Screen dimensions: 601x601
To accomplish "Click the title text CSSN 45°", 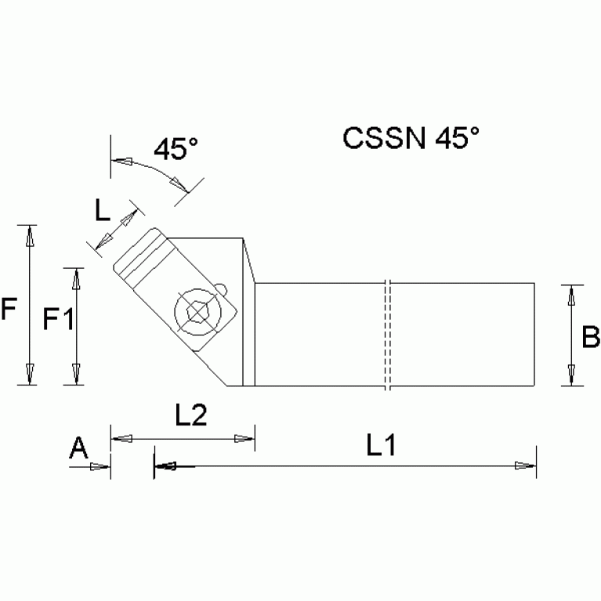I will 411,139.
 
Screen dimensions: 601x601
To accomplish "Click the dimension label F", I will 9,311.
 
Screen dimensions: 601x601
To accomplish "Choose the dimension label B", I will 591,337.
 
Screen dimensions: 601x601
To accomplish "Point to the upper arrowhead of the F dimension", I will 30,235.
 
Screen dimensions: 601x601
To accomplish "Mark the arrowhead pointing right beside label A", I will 99,467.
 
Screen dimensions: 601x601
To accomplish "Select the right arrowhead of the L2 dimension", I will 245,439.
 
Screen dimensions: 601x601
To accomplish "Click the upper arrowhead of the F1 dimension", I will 76,277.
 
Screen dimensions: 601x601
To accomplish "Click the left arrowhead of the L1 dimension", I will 165,467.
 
